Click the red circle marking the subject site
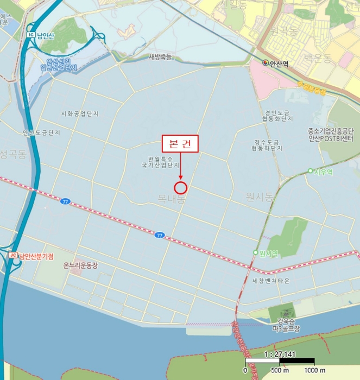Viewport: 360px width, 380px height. (181, 188)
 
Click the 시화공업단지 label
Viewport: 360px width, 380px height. (80, 114)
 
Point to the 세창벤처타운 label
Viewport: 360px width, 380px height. (271, 281)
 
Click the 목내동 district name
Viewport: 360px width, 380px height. (172, 199)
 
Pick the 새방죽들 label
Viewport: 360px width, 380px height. (160, 56)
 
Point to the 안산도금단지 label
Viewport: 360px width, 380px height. (41, 132)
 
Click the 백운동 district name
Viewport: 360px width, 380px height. (318, 58)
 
